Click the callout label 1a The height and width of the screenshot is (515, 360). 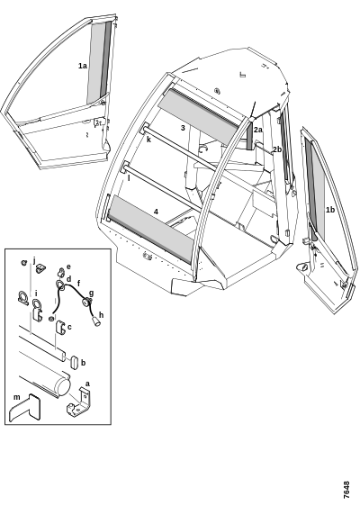pos(83,66)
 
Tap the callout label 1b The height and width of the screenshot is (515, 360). pos(329,210)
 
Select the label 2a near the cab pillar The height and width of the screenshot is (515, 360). pos(258,130)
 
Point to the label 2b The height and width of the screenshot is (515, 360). pos(277,149)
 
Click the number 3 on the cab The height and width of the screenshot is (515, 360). pos(183,128)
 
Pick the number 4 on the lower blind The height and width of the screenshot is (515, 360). pos(157,212)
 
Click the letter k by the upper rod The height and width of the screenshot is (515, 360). pos(148,140)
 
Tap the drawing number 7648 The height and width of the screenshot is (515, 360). pos(346,491)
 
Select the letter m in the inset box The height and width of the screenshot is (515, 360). pos(17,397)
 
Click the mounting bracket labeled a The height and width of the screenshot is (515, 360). pos(79,402)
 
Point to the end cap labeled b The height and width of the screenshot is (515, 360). pos(74,362)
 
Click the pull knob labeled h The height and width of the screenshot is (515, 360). pos(96,321)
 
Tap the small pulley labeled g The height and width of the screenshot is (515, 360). pos(87,302)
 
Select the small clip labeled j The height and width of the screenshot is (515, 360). pos(40,268)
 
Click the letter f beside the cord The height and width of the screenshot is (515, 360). pos(78,283)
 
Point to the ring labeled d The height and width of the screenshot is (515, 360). pos(60,285)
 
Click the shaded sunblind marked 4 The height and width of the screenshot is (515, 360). pos(150,229)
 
